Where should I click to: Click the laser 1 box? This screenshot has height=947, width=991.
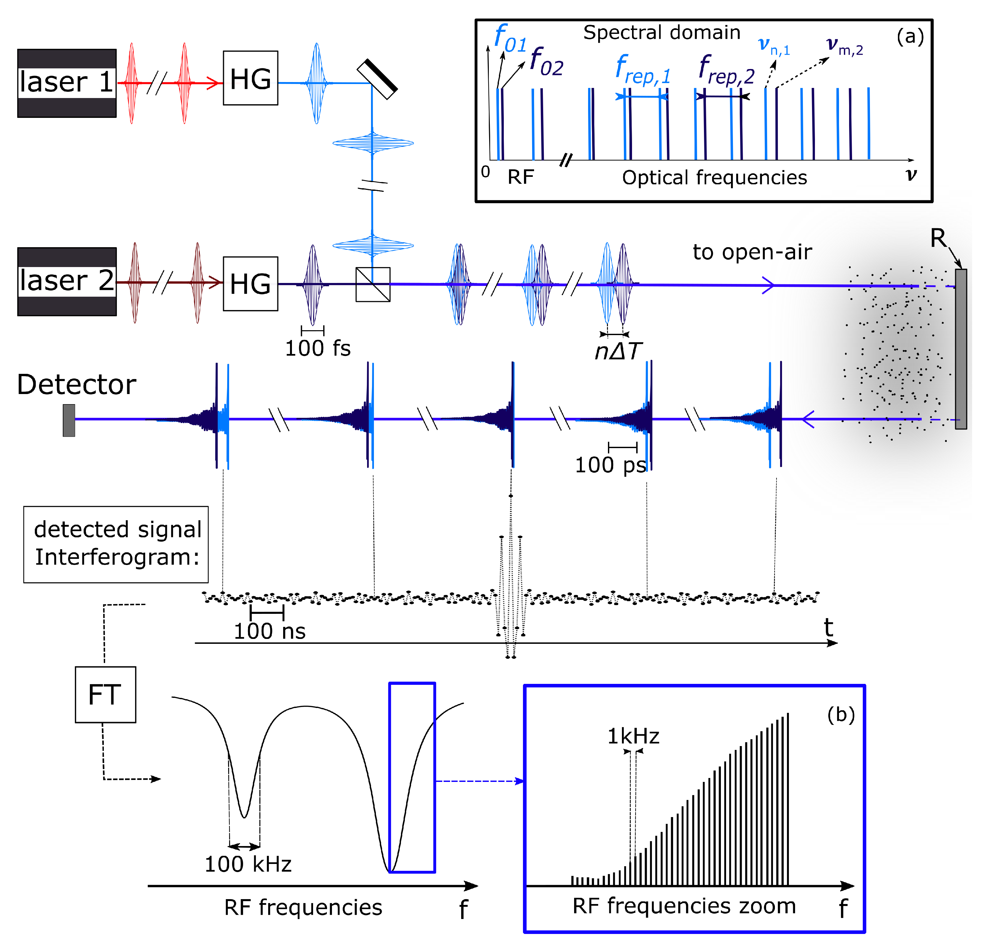[x=67, y=83]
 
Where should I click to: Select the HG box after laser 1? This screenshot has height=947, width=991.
[x=250, y=78]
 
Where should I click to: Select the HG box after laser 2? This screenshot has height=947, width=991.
[x=250, y=284]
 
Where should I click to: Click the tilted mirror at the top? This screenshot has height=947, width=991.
[x=377, y=79]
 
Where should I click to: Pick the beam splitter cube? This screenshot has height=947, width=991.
[x=373, y=284]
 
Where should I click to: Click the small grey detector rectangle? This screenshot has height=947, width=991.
[x=69, y=420]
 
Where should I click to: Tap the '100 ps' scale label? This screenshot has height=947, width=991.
[x=610, y=464]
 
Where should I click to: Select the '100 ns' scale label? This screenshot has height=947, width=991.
[x=269, y=631]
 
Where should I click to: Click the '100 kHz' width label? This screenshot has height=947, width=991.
[x=248, y=864]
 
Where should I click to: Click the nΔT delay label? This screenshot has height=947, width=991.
[x=618, y=351]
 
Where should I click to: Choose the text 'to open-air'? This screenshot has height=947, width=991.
[x=752, y=251]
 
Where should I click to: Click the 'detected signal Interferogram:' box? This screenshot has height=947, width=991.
[x=116, y=544]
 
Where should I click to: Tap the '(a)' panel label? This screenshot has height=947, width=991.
[x=910, y=36]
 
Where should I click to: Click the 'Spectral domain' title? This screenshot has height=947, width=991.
[x=662, y=32]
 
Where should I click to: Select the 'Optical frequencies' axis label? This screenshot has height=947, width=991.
[x=714, y=178]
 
